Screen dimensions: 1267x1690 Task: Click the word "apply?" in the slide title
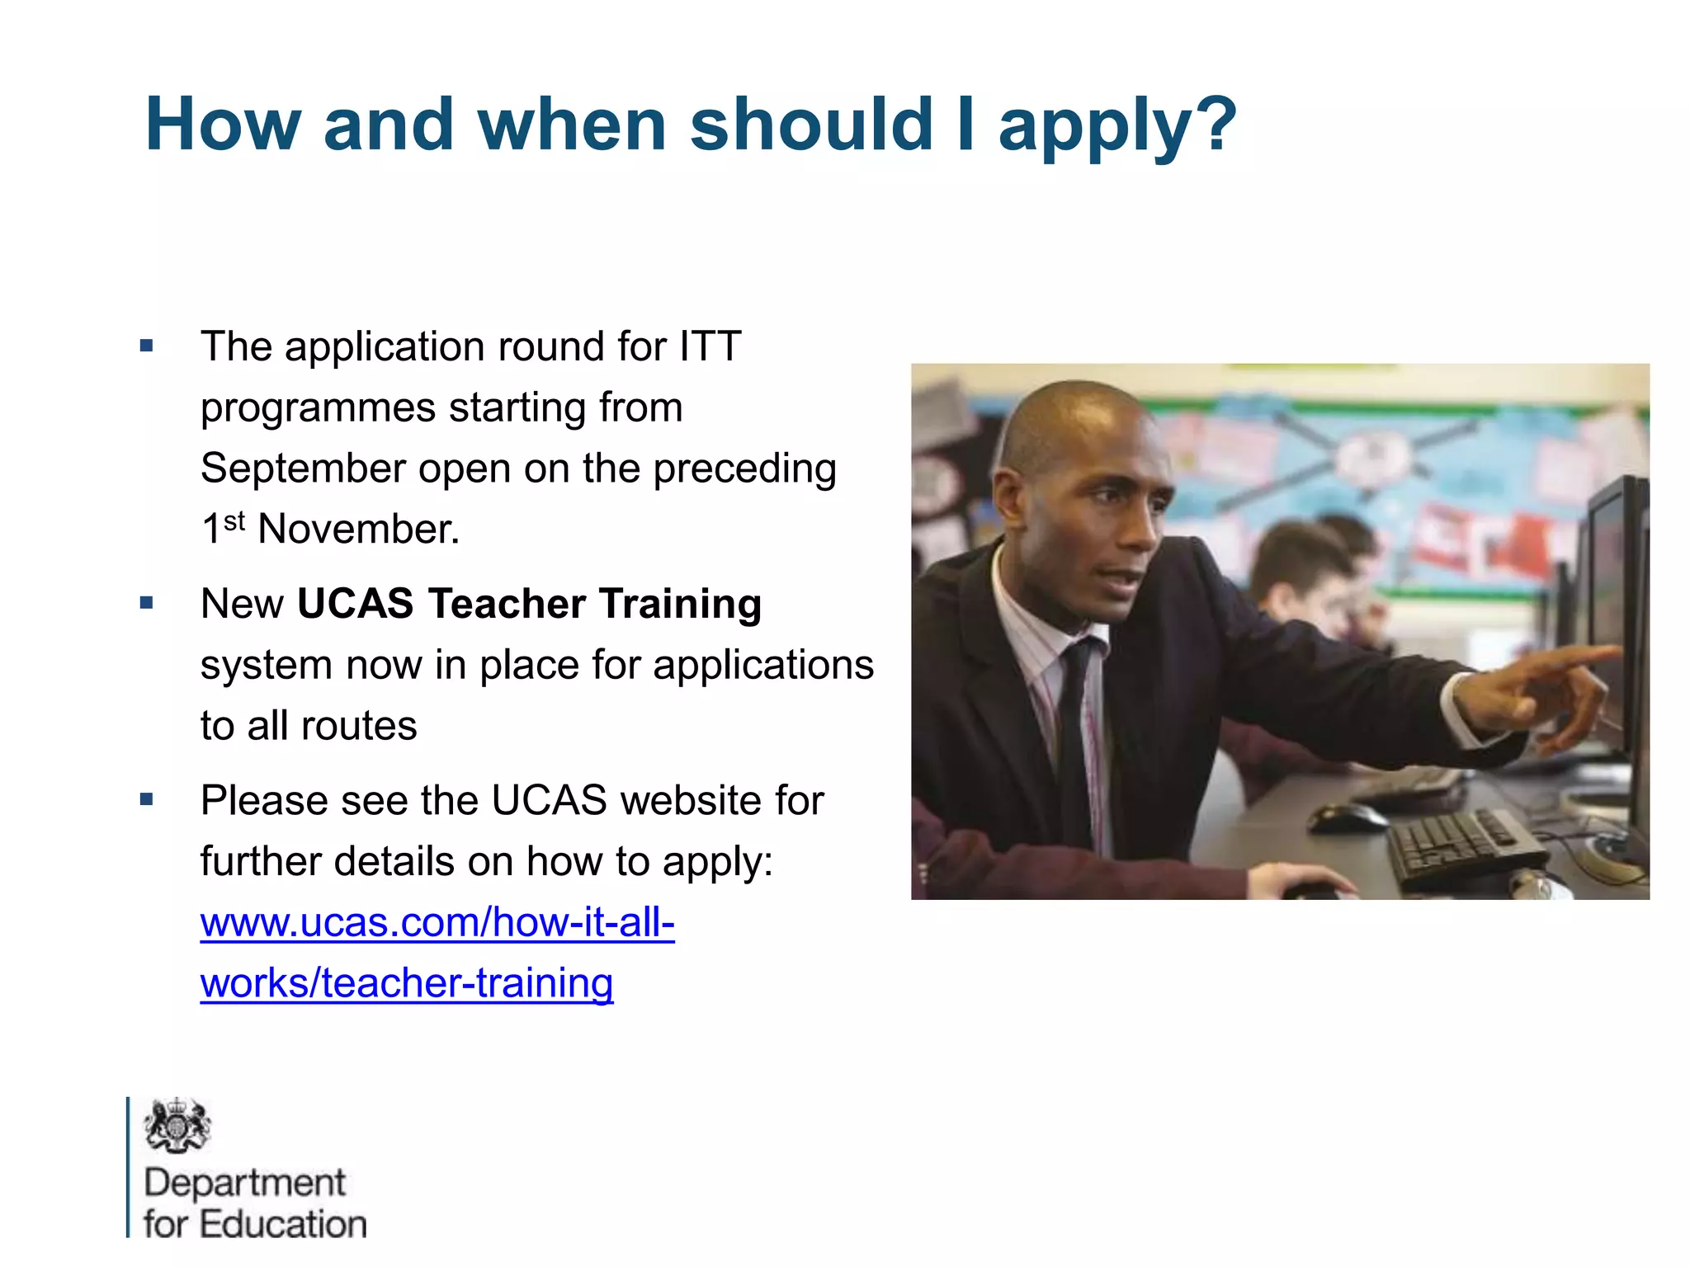pyautogui.click(x=1117, y=126)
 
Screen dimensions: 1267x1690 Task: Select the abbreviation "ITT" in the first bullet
pyautogui.click(x=710, y=346)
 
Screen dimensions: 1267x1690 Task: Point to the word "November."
pyautogui.click(x=359, y=529)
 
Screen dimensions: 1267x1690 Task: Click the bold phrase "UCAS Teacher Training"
pyautogui.click(x=529, y=604)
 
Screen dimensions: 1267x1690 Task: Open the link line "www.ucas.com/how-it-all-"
pyautogui.click(x=437, y=922)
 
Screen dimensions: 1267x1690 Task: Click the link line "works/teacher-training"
pyautogui.click(x=407, y=983)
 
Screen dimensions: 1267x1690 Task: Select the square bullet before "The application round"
pyautogui.click(x=147, y=346)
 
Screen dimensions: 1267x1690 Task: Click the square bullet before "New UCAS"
pyautogui.click(x=147, y=604)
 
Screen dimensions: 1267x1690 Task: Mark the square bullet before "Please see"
pyautogui.click(x=147, y=799)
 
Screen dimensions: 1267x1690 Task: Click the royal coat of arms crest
pyautogui.click(x=177, y=1125)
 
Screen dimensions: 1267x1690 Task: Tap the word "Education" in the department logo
pyautogui.click(x=283, y=1224)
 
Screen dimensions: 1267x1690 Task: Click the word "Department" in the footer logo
pyautogui.click(x=244, y=1183)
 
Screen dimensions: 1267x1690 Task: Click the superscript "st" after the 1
pyautogui.click(x=234, y=520)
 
